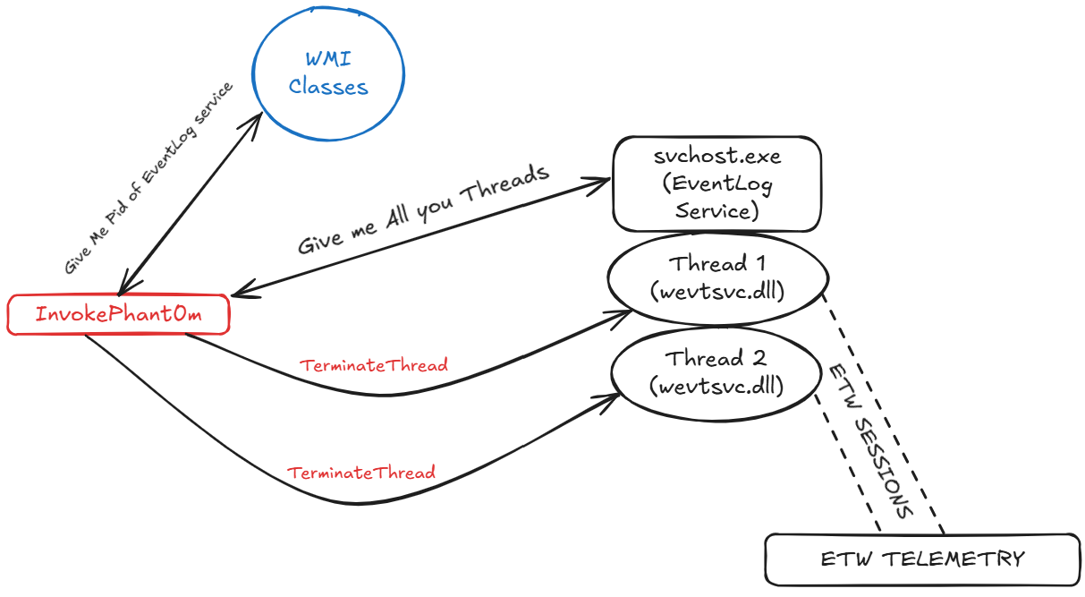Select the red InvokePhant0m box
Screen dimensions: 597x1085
tap(117, 315)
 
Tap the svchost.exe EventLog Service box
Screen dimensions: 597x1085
tap(716, 184)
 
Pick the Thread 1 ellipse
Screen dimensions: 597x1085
tap(715, 277)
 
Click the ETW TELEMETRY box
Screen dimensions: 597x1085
tap(922, 559)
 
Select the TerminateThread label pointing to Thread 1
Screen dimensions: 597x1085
tap(374, 365)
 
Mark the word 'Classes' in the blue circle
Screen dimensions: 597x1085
tap(328, 88)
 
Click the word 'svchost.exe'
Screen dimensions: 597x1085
tap(716, 157)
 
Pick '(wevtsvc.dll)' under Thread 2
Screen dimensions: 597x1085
tap(716, 387)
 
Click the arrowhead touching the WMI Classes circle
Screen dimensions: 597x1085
tap(255, 118)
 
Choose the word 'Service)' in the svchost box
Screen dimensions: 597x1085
tap(716, 212)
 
